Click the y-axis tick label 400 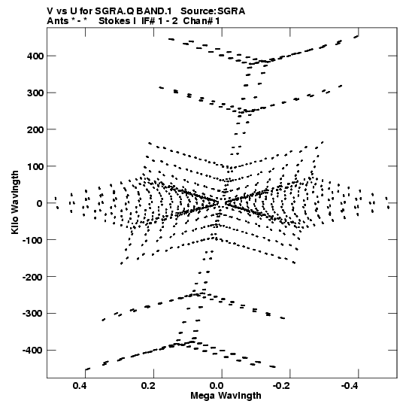click(x=35, y=56)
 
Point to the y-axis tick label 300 click(x=35, y=93)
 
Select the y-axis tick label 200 click(x=35, y=129)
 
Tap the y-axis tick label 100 click(x=35, y=166)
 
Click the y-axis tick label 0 click(x=40, y=203)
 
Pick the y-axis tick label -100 click(x=32, y=240)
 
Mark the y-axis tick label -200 click(x=32, y=277)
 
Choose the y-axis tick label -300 click(x=32, y=314)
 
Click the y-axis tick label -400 click(x=32, y=351)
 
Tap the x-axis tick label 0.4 click(x=80, y=386)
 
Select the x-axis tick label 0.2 click(x=148, y=386)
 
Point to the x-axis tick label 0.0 click(x=217, y=386)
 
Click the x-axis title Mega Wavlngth click(x=226, y=396)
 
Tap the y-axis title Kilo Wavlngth click(x=15, y=202)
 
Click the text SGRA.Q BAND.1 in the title click(x=133, y=11)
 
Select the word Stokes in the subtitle click(x=114, y=21)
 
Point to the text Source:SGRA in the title click(x=213, y=11)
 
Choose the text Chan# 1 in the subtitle click(x=201, y=21)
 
